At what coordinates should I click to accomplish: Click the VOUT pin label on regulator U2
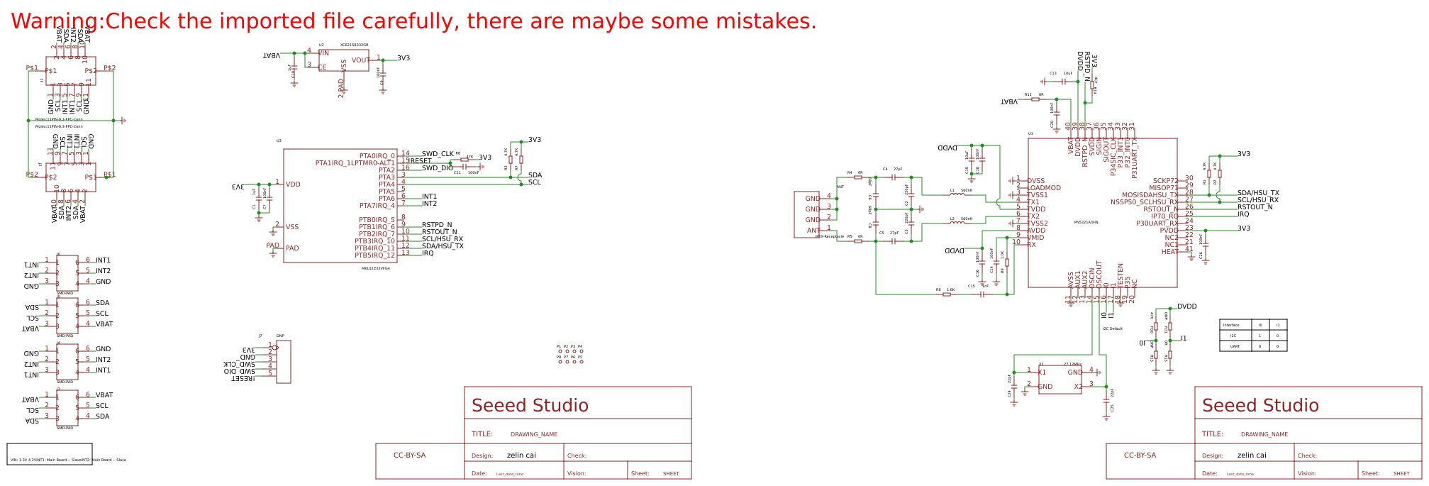pos(360,60)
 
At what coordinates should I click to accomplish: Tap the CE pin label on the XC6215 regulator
pos(323,67)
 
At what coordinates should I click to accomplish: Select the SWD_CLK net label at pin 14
pos(438,154)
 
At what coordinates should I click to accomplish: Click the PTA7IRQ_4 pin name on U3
pos(377,206)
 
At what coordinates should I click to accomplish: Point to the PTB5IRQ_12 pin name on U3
pos(376,255)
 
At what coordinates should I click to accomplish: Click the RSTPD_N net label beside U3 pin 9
pos(437,225)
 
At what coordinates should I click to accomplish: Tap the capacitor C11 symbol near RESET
pos(465,167)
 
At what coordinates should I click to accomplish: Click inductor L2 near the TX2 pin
pos(957,223)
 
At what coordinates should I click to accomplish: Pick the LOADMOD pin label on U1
pos(1044,188)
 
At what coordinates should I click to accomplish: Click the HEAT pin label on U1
pos(1169,252)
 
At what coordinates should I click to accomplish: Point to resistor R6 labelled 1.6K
pos(947,294)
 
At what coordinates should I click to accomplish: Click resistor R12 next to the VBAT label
pos(1035,99)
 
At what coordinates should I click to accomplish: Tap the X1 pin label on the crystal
pos(1042,372)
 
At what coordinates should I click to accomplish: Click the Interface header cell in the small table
pos(1231,325)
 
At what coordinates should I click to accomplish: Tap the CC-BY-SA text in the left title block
pos(409,455)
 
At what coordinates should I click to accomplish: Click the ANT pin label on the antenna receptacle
pos(813,231)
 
